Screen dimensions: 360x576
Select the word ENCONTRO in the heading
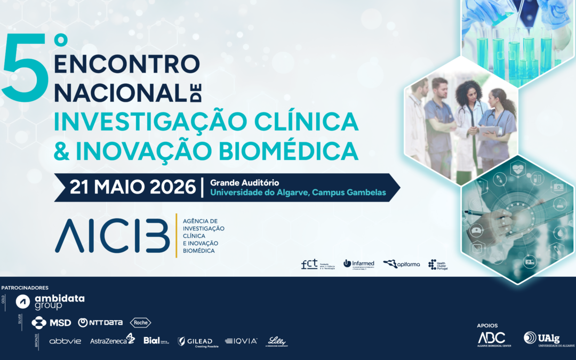127,64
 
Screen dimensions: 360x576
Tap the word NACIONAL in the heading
118,93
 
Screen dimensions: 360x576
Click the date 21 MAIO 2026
133,188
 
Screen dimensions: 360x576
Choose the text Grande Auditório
244,183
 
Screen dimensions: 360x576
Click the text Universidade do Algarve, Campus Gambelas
297,193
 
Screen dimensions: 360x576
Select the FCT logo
318,264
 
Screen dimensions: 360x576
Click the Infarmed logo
358,263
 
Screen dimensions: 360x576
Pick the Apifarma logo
401,263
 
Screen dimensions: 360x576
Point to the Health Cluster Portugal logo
438,265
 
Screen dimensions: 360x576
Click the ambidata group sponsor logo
50,302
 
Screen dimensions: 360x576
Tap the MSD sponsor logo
51,323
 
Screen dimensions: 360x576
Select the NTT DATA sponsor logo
100,323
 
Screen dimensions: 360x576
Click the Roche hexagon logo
141,323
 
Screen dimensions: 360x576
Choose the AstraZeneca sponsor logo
113,340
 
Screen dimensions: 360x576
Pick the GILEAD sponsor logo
195,341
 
